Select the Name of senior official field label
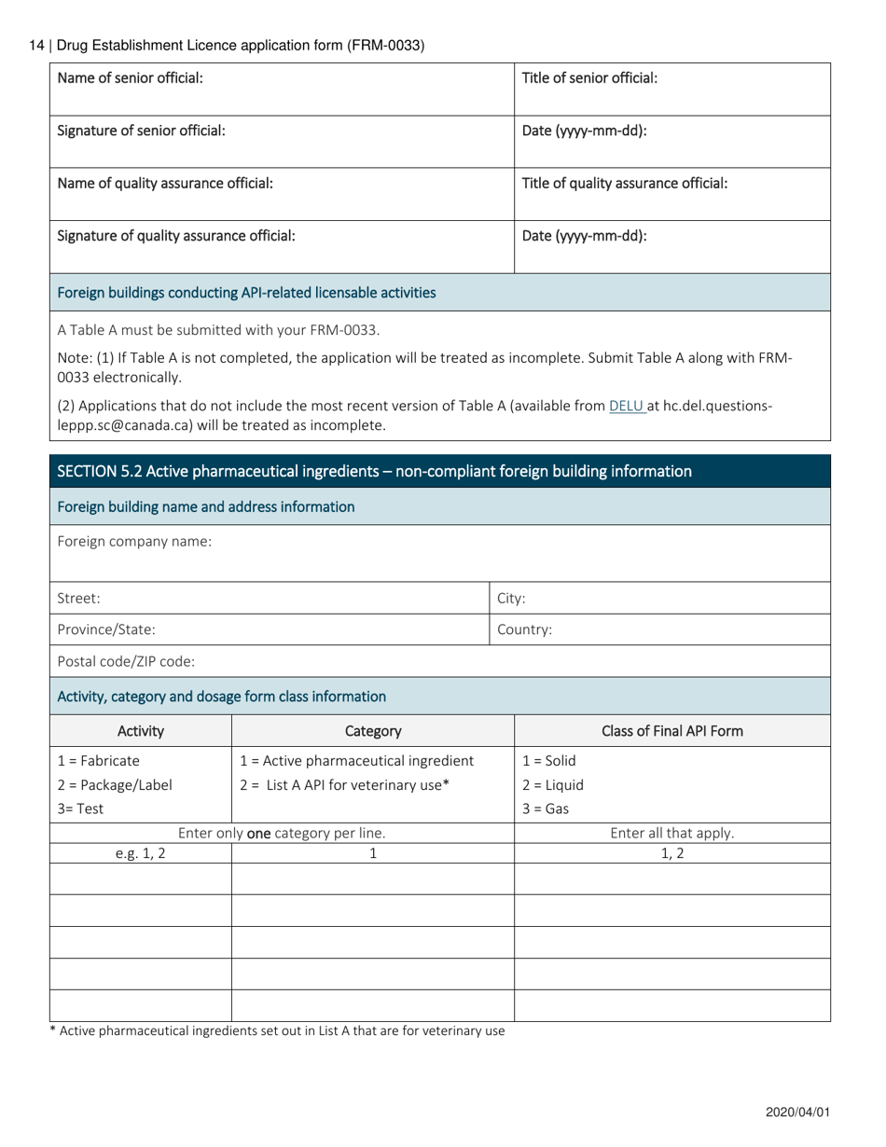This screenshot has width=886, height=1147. point(131,78)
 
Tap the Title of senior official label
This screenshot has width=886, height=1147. point(589,78)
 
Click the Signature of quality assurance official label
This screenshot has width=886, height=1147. point(176,236)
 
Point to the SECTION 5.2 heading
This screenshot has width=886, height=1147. point(374,471)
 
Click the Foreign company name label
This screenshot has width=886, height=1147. point(134,541)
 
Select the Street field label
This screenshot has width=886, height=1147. point(79,599)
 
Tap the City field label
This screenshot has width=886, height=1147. point(511,599)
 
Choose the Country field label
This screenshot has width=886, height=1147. point(524,629)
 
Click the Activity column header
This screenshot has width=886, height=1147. point(141,731)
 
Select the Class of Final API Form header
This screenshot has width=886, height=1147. point(671,731)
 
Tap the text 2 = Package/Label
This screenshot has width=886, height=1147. point(115,784)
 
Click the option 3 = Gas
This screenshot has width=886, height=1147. point(545,808)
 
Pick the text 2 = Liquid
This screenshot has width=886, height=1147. point(552,784)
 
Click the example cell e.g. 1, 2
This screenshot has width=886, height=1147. point(141,853)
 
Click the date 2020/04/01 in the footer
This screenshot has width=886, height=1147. point(797,1112)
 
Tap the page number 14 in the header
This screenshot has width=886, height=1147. point(37,45)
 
